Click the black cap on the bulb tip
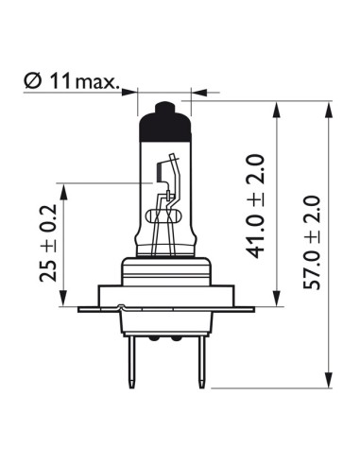point(165,123)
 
